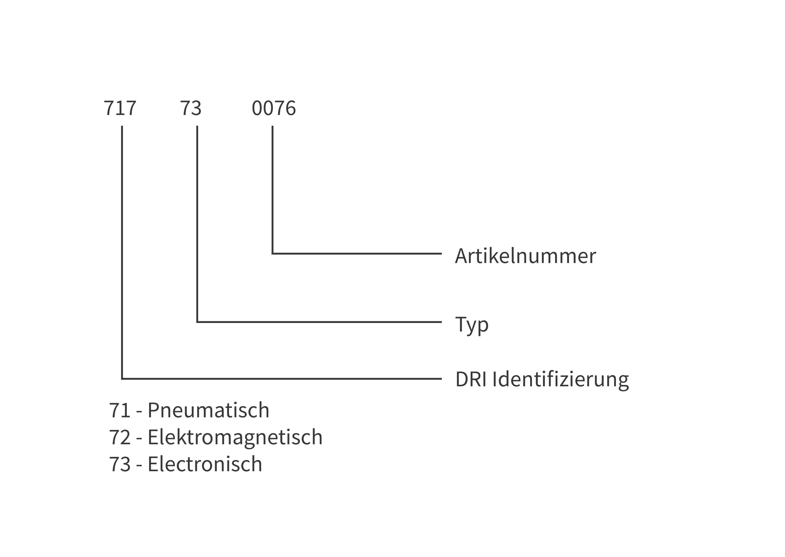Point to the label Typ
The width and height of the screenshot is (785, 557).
tap(472, 325)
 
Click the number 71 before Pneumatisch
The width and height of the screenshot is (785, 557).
tap(120, 411)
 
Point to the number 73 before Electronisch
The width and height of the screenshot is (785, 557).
tap(120, 465)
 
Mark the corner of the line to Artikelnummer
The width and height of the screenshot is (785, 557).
tap(273, 254)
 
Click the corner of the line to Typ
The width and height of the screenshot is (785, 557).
tap(197, 322)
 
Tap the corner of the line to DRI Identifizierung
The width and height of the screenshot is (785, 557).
tap(122, 379)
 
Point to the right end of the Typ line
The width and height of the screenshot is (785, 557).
tap(441, 322)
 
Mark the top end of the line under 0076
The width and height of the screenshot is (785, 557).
tap(273, 126)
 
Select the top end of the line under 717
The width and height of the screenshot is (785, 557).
tap(122, 126)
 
